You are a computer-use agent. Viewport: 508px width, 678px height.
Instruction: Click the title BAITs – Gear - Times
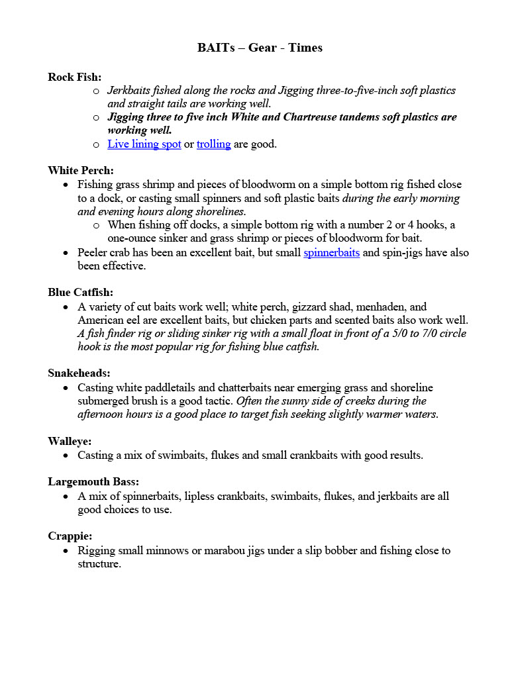click(260, 48)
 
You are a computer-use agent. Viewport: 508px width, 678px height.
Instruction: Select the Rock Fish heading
click(74, 77)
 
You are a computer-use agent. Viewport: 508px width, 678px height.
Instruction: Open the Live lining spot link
click(144, 144)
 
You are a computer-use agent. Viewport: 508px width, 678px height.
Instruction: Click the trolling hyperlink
click(213, 144)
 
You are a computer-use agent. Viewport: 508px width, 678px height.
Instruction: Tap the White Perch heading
click(81, 170)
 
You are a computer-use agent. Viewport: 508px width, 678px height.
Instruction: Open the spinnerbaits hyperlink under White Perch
click(331, 252)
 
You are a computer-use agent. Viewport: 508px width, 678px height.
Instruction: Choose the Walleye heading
click(70, 441)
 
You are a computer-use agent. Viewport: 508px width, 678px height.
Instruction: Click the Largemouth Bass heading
click(93, 481)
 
